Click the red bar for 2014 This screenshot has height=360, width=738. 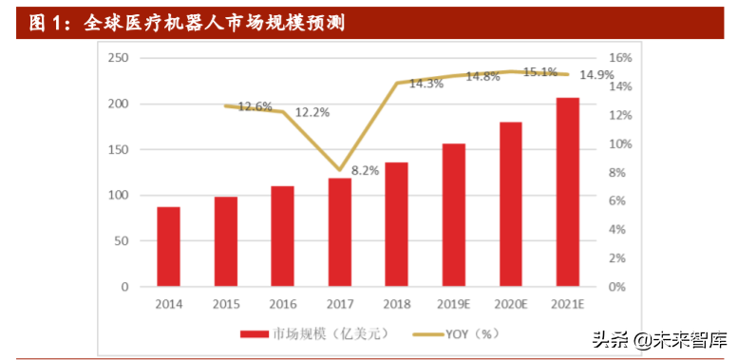[x=169, y=246]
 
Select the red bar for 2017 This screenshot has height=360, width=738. [x=340, y=232]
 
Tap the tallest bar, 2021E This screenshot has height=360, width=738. [x=568, y=192]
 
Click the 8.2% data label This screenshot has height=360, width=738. [x=366, y=171]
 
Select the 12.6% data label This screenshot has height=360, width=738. [x=255, y=106]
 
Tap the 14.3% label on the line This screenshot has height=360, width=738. [x=426, y=84]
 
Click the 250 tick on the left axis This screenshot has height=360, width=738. [x=118, y=58]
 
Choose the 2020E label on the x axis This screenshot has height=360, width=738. [x=511, y=304]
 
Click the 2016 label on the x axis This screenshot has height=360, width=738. [x=283, y=304]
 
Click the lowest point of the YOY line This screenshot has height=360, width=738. [x=340, y=170]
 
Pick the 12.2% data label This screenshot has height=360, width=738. [x=312, y=112]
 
